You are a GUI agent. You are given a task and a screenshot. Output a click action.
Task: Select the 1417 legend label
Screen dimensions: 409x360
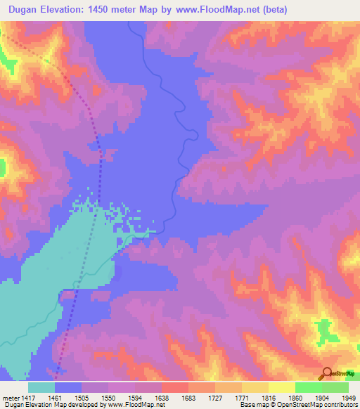pyautogui.click(x=28, y=397)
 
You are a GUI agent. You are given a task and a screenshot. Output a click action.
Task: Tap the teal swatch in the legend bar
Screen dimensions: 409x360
pyautogui.click(x=41, y=387)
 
